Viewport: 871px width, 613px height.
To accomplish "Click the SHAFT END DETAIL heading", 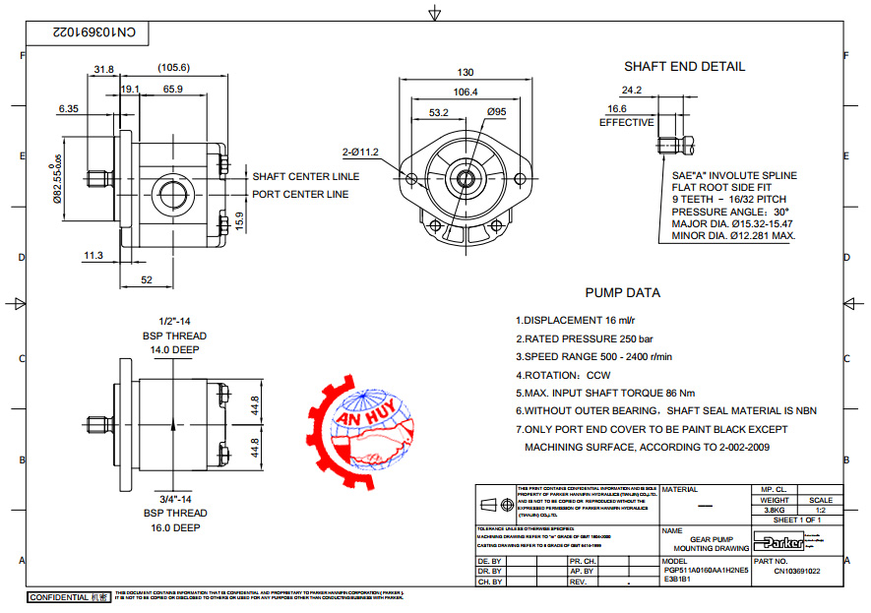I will click(x=684, y=67).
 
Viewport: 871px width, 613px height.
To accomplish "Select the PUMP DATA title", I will click(x=622, y=292).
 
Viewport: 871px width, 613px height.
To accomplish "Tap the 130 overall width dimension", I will click(x=466, y=73).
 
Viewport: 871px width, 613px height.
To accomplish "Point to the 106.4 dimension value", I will click(x=465, y=92).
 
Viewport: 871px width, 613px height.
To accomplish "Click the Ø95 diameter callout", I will click(x=497, y=113).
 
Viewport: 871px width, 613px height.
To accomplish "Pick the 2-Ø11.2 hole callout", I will click(x=361, y=152).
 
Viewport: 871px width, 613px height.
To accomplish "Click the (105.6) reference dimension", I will click(x=173, y=68).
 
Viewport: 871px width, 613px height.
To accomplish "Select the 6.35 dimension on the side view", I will click(x=69, y=108).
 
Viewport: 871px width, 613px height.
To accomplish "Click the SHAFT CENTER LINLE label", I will click(x=305, y=177).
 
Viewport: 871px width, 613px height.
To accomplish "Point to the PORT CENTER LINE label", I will click(x=300, y=195).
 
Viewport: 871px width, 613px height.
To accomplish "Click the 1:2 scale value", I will click(x=819, y=511).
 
